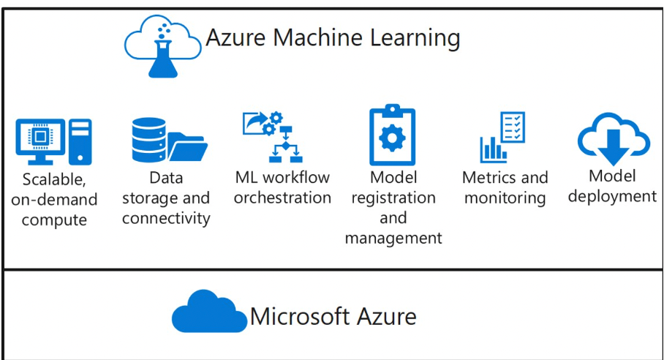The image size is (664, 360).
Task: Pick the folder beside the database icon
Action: coord(187,146)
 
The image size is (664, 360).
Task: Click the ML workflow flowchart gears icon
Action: coord(272,136)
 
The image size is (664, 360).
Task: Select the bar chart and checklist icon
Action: coord(502,138)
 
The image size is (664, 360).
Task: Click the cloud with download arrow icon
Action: coord(614,138)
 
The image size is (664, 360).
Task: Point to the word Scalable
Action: coord(55,179)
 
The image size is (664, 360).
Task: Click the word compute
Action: coord(54,220)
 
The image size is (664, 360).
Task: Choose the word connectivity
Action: coord(166,218)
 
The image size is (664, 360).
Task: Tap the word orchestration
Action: coord(282,198)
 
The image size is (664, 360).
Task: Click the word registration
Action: coord(393,198)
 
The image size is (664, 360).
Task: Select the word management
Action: coord(393,238)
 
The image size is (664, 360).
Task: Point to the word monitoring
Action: coord(505,198)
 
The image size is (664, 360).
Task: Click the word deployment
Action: coord(612,196)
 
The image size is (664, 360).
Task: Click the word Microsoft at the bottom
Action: coord(299,316)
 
